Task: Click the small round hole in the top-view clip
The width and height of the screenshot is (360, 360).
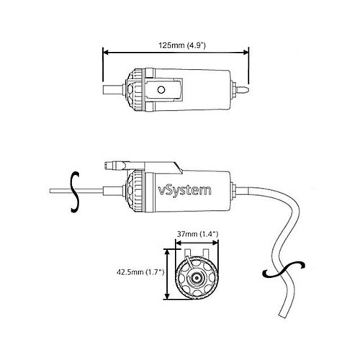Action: (159, 90)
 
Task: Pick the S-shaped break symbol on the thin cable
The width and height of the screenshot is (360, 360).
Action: (76, 191)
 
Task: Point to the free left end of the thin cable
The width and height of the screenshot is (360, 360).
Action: (51, 191)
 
